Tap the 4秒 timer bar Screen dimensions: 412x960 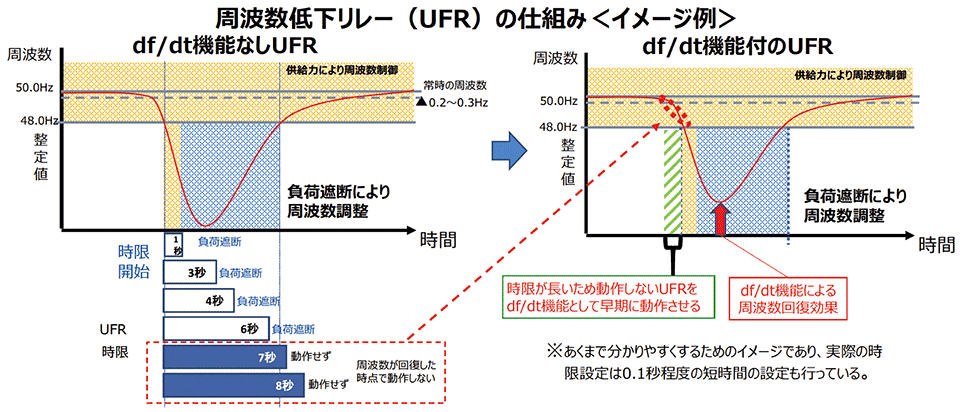[x=198, y=299]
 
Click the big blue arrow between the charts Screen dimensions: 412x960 [x=509, y=151]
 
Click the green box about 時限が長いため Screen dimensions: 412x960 [x=602, y=295]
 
